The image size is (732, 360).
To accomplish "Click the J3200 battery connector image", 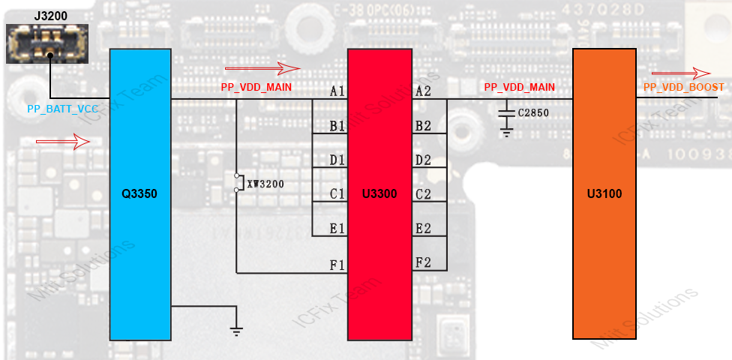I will coord(46,43).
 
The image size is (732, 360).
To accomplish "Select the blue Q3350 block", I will coord(140,194).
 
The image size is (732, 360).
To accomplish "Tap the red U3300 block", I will coord(379,194).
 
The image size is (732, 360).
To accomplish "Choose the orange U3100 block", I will coord(604,194).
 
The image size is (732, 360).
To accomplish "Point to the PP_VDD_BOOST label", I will coord(684,88).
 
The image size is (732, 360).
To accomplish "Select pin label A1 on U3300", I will coord(337,91).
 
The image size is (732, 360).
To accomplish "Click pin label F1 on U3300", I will coord(337,265).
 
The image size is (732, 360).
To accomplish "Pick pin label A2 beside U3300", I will coord(423,91).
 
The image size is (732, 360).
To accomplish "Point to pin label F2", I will coord(423,262).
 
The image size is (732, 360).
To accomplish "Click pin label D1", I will coord(337,160).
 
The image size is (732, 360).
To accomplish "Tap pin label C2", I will coord(423,194).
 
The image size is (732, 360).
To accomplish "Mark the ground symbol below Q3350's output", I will coord(236,331).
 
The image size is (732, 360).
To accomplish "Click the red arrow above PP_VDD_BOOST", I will coord(681,73).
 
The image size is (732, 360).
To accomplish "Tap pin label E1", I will coord(337,229).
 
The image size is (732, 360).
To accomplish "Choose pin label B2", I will coord(423,126).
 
